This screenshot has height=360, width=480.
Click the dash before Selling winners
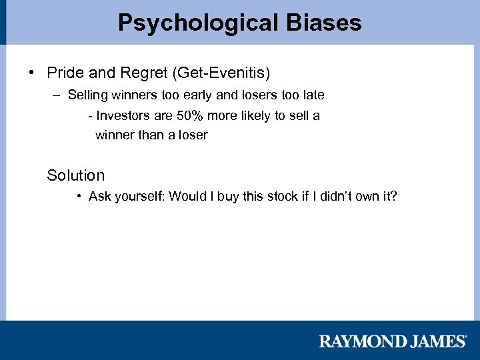pyautogui.click(x=55, y=95)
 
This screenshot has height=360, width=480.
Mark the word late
pyautogui.click(x=312, y=95)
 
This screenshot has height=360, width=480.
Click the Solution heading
pyautogui.click(x=75, y=175)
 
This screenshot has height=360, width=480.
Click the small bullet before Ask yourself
pyautogui.click(x=79, y=196)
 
